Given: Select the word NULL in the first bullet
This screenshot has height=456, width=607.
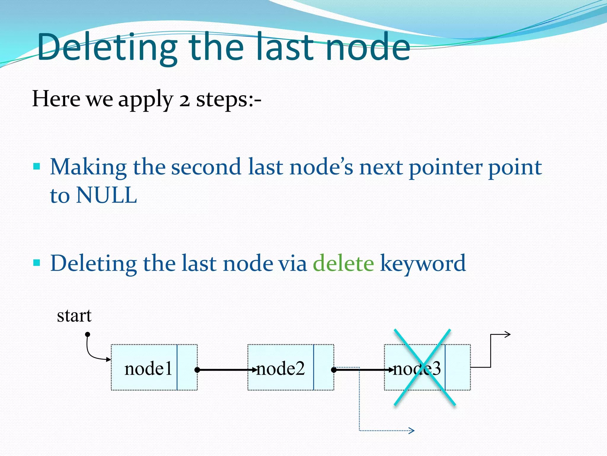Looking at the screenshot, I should (x=106, y=195).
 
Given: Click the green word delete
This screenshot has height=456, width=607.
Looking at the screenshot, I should (x=343, y=263).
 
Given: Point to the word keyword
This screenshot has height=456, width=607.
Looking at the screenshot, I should (x=423, y=263).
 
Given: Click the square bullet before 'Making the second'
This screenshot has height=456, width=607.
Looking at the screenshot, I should (x=36, y=166).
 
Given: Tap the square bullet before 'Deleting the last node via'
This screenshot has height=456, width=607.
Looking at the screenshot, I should (x=36, y=263).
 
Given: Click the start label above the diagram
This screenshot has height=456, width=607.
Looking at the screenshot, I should (x=74, y=316).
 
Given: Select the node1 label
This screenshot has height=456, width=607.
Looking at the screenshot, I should (x=148, y=369).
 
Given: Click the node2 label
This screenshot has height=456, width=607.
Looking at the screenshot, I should (x=280, y=369).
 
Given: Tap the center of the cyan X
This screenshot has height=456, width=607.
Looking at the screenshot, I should (x=424, y=368).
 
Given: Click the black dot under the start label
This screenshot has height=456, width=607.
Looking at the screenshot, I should (x=87, y=335).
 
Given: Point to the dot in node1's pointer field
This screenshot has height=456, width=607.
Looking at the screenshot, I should (x=197, y=370).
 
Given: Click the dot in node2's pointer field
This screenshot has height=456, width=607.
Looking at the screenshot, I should (x=334, y=370).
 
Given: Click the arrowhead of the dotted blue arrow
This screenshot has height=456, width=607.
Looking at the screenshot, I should (x=412, y=430).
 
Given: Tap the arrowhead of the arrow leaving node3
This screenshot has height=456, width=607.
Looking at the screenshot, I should (x=508, y=335).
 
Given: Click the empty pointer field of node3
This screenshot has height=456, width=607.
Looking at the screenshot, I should (x=458, y=368).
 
